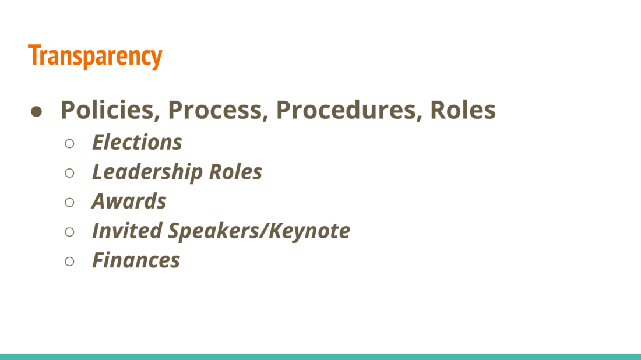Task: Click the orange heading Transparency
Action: [x=95, y=56]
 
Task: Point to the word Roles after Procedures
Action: [x=463, y=110]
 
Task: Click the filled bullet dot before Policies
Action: [x=36, y=112]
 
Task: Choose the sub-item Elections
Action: [x=137, y=142]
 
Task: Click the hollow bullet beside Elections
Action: [x=69, y=143]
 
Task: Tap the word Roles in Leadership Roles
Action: [x=235, y=172]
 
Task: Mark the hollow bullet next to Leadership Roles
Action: [x=69, y=173]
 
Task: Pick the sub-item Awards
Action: [x=129, y=201]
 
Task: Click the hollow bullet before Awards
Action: [x=69, y=202]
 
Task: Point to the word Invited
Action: [x=127, y=231]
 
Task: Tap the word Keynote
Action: [x=309, y=231]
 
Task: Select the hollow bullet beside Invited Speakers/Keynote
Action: [x=69, y=232]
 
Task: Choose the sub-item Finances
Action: [x=136, y=260]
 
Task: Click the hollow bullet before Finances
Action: [x=69, y=261]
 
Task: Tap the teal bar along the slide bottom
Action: [x=320, y=357]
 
